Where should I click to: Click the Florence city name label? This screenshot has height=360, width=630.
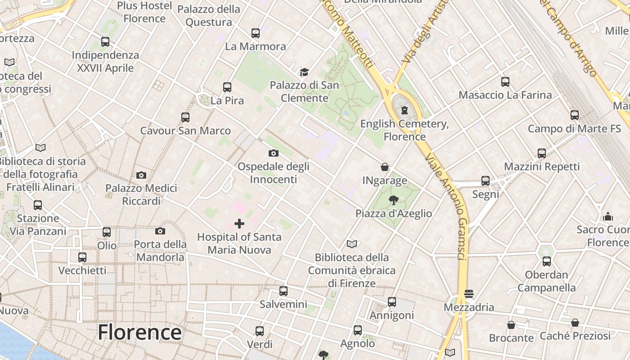click(139, 333)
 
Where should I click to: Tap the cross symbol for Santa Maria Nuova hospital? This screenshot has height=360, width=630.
click(239, 224)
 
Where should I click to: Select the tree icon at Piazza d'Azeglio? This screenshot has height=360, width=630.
click(394, 200)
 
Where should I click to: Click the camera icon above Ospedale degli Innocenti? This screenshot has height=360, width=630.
click(273, 153)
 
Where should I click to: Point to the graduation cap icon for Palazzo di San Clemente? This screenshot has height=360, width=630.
click(304, 72)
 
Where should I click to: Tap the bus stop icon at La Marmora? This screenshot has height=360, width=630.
click(256, 33)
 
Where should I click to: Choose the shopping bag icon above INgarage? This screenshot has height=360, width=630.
click(385, 167)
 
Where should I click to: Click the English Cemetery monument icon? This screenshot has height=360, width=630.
click(404, 110)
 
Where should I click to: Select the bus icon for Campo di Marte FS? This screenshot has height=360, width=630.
click(574, 115)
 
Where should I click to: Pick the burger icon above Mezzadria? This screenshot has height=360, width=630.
click(469, 294)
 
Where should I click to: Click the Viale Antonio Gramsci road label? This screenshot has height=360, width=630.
click(445, 207)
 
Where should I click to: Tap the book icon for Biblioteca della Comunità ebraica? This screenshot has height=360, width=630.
click(352, 244)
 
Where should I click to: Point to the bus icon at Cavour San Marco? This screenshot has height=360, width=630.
click(185, 117)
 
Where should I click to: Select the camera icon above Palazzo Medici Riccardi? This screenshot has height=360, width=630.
click(141, 175)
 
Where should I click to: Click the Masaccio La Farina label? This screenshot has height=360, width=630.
click(505, 95)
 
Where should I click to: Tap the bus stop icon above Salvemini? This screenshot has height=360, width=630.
click(283, 291)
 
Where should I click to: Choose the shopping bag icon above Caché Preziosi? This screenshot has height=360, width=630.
click(575, 323)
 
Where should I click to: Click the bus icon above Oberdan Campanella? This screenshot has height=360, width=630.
click(546, 261)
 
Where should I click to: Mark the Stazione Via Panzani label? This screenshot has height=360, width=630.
click(38, 225)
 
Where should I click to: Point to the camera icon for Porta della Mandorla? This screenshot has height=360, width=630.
click(160, 231)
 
